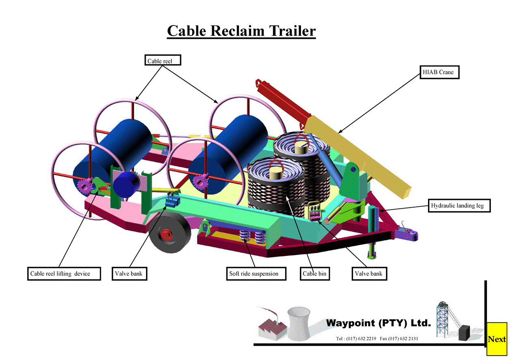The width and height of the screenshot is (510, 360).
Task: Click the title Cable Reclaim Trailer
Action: click(241, 31)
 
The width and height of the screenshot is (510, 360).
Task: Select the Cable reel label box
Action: click(163, 60)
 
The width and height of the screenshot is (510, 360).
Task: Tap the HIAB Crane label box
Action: click(439, 72)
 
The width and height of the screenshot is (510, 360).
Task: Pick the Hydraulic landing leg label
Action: click(460, 206)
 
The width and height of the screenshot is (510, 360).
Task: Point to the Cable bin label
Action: click(315, 274)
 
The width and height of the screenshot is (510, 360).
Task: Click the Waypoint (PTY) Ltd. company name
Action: click(378, 323)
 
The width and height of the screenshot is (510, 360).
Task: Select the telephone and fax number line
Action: click(377, 339)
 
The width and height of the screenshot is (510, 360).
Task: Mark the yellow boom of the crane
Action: click(357, 154)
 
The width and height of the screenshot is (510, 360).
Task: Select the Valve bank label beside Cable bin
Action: click(368, 274)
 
